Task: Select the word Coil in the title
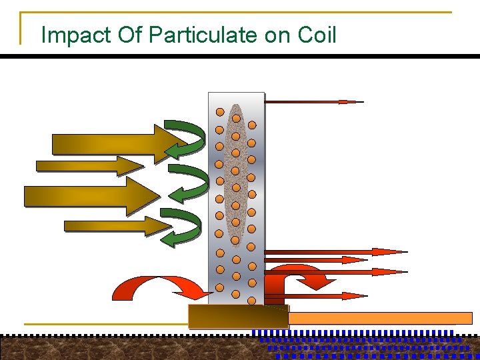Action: pyautogui.click(x=317, y=35)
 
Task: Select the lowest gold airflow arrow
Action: pyautogui.click(x=113, y=226)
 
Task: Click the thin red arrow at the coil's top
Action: pyautogui.click(x=313, y=102)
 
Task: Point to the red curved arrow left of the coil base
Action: pyautogui.click(x=160, y=287)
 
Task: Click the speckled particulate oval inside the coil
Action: pyautogui.click(x=235, y=173)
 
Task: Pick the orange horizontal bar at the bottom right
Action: pyautogui.click(x=380, y=318)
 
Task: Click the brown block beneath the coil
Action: pyautogui.click(x=237, y=317)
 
